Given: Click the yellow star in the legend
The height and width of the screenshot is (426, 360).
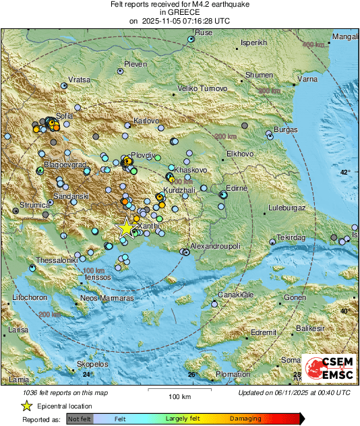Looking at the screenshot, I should [26, 406].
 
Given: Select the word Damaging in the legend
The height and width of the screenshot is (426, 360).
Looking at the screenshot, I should [245, 419].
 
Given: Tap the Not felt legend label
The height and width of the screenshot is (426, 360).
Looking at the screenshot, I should [80, 419].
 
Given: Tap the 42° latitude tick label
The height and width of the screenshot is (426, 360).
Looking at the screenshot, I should [345, 173].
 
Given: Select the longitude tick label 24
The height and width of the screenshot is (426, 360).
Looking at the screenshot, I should [86, 374].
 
